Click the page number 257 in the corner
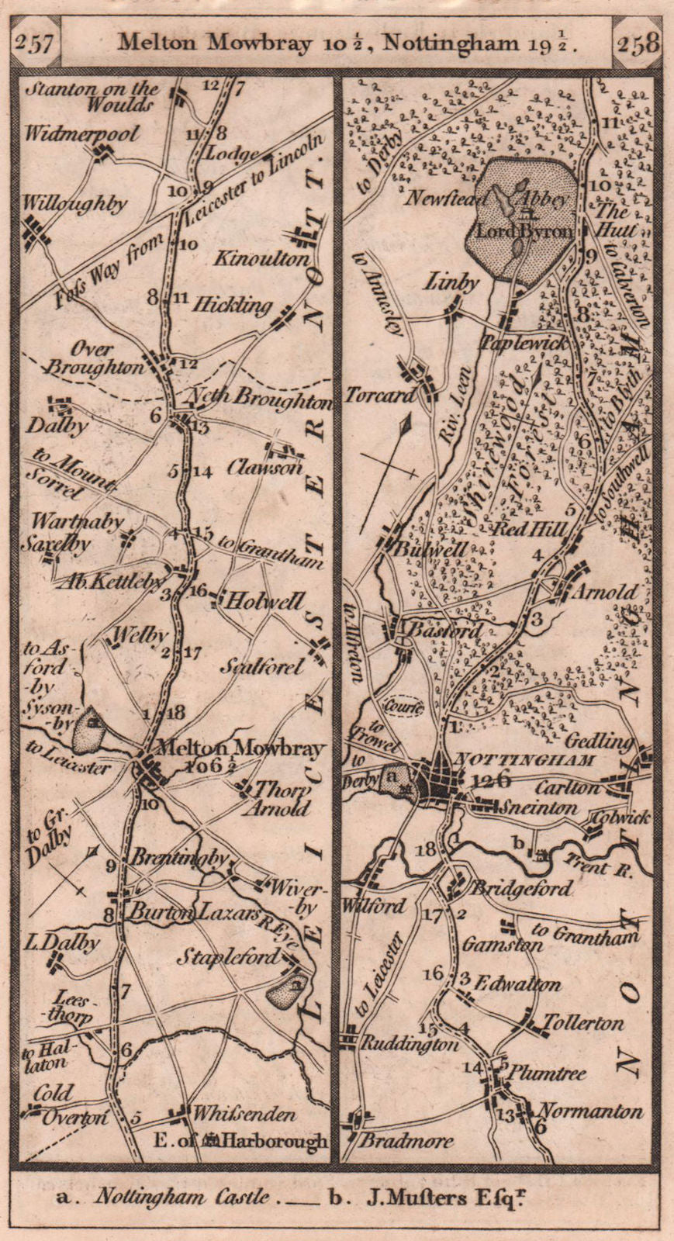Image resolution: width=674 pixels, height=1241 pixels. coord(34,43)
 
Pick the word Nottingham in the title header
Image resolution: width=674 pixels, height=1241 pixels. coord(465,43)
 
